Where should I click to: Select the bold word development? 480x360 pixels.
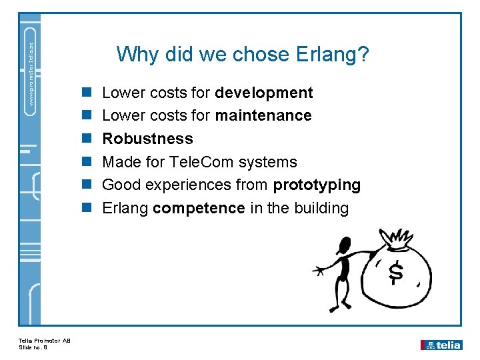[x=263, y=93]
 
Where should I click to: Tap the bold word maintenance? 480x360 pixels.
[x=263, y=115]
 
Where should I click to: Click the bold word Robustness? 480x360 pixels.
[x=147, y=139]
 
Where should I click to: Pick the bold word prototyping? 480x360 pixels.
[x=317, y=185]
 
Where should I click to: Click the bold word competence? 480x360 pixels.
[x=199, y=208]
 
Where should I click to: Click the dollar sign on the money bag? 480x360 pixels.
[x=396, y=273]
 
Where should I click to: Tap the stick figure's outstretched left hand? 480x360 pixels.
[x=320, y=271]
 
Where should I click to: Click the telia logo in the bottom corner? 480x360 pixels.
[x=441, y=345]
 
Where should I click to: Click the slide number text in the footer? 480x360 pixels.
[x=33, y=348]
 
